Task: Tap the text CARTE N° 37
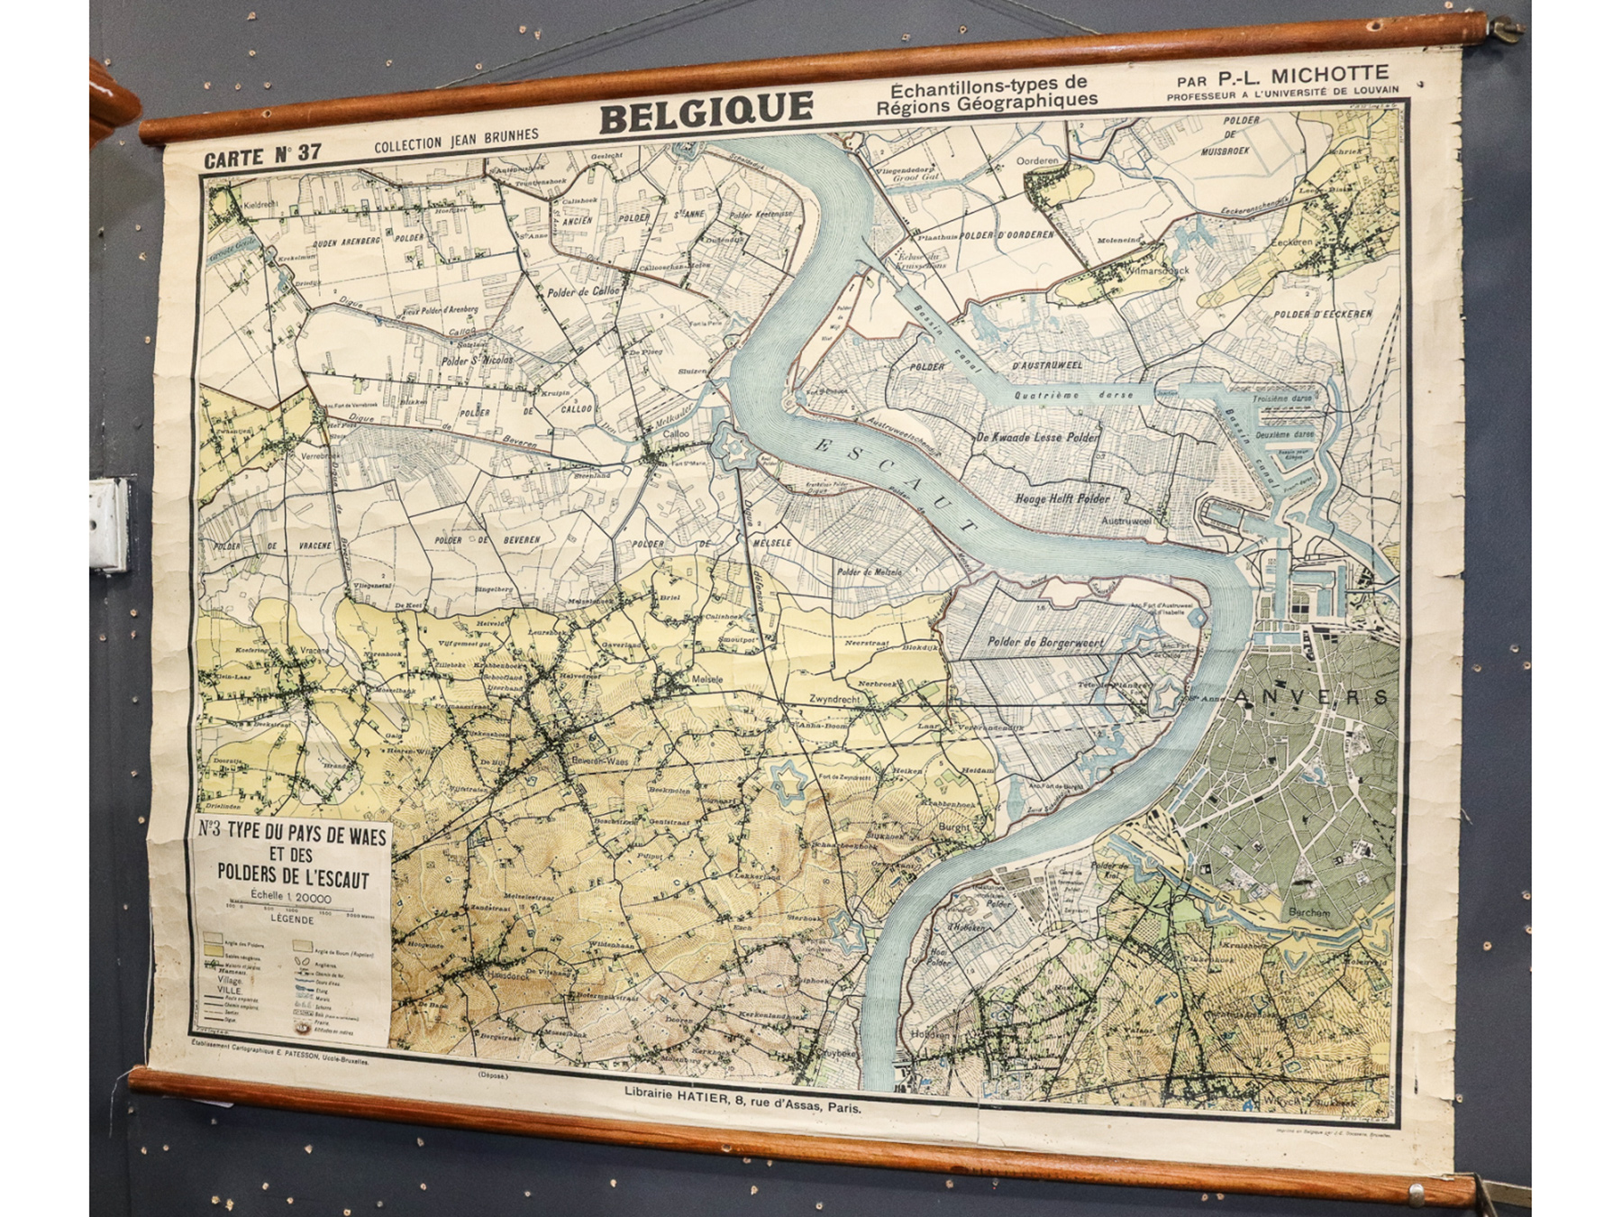pos(261,155)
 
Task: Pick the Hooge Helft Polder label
pos(1062,498)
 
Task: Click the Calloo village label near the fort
pos(676,434)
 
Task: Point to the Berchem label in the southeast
pos(1308,912)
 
